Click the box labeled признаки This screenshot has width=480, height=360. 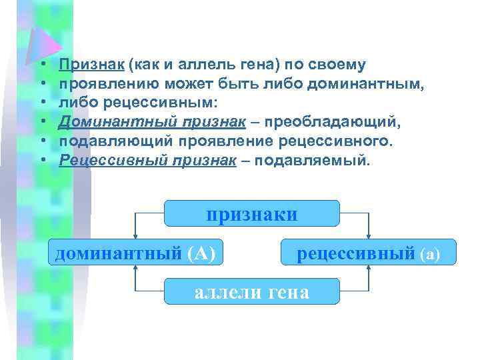pyautogui.click(x=252, y=214)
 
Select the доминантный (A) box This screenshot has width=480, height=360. pyautogui.click(x=135, y=253)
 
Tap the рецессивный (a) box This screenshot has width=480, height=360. pyautogui.click(x=369, y=253)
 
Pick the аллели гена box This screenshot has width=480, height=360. pyautogui.click(x=252, y=291)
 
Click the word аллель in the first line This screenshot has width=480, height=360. pyautogui.click(x=193, y=65)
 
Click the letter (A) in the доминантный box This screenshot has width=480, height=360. pyautogui.click(x=202, y=253)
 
